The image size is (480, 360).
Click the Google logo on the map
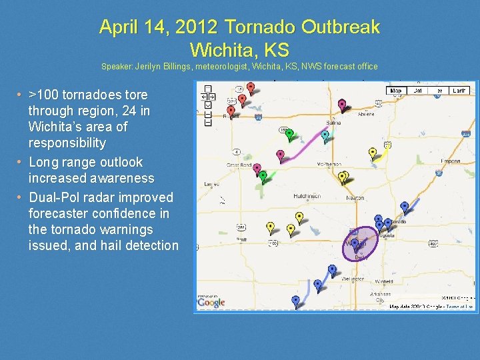coord(211,303)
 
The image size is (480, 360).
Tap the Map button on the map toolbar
coord(397,90)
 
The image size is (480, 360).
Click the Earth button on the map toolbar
coord(459,90)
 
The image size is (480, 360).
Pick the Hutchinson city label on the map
coord(307,196)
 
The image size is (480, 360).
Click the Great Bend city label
coord(239,164)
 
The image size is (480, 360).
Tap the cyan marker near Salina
coord(325,135)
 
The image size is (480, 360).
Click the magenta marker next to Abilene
coord(342,105)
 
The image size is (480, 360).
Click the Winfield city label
coord(384,281)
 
